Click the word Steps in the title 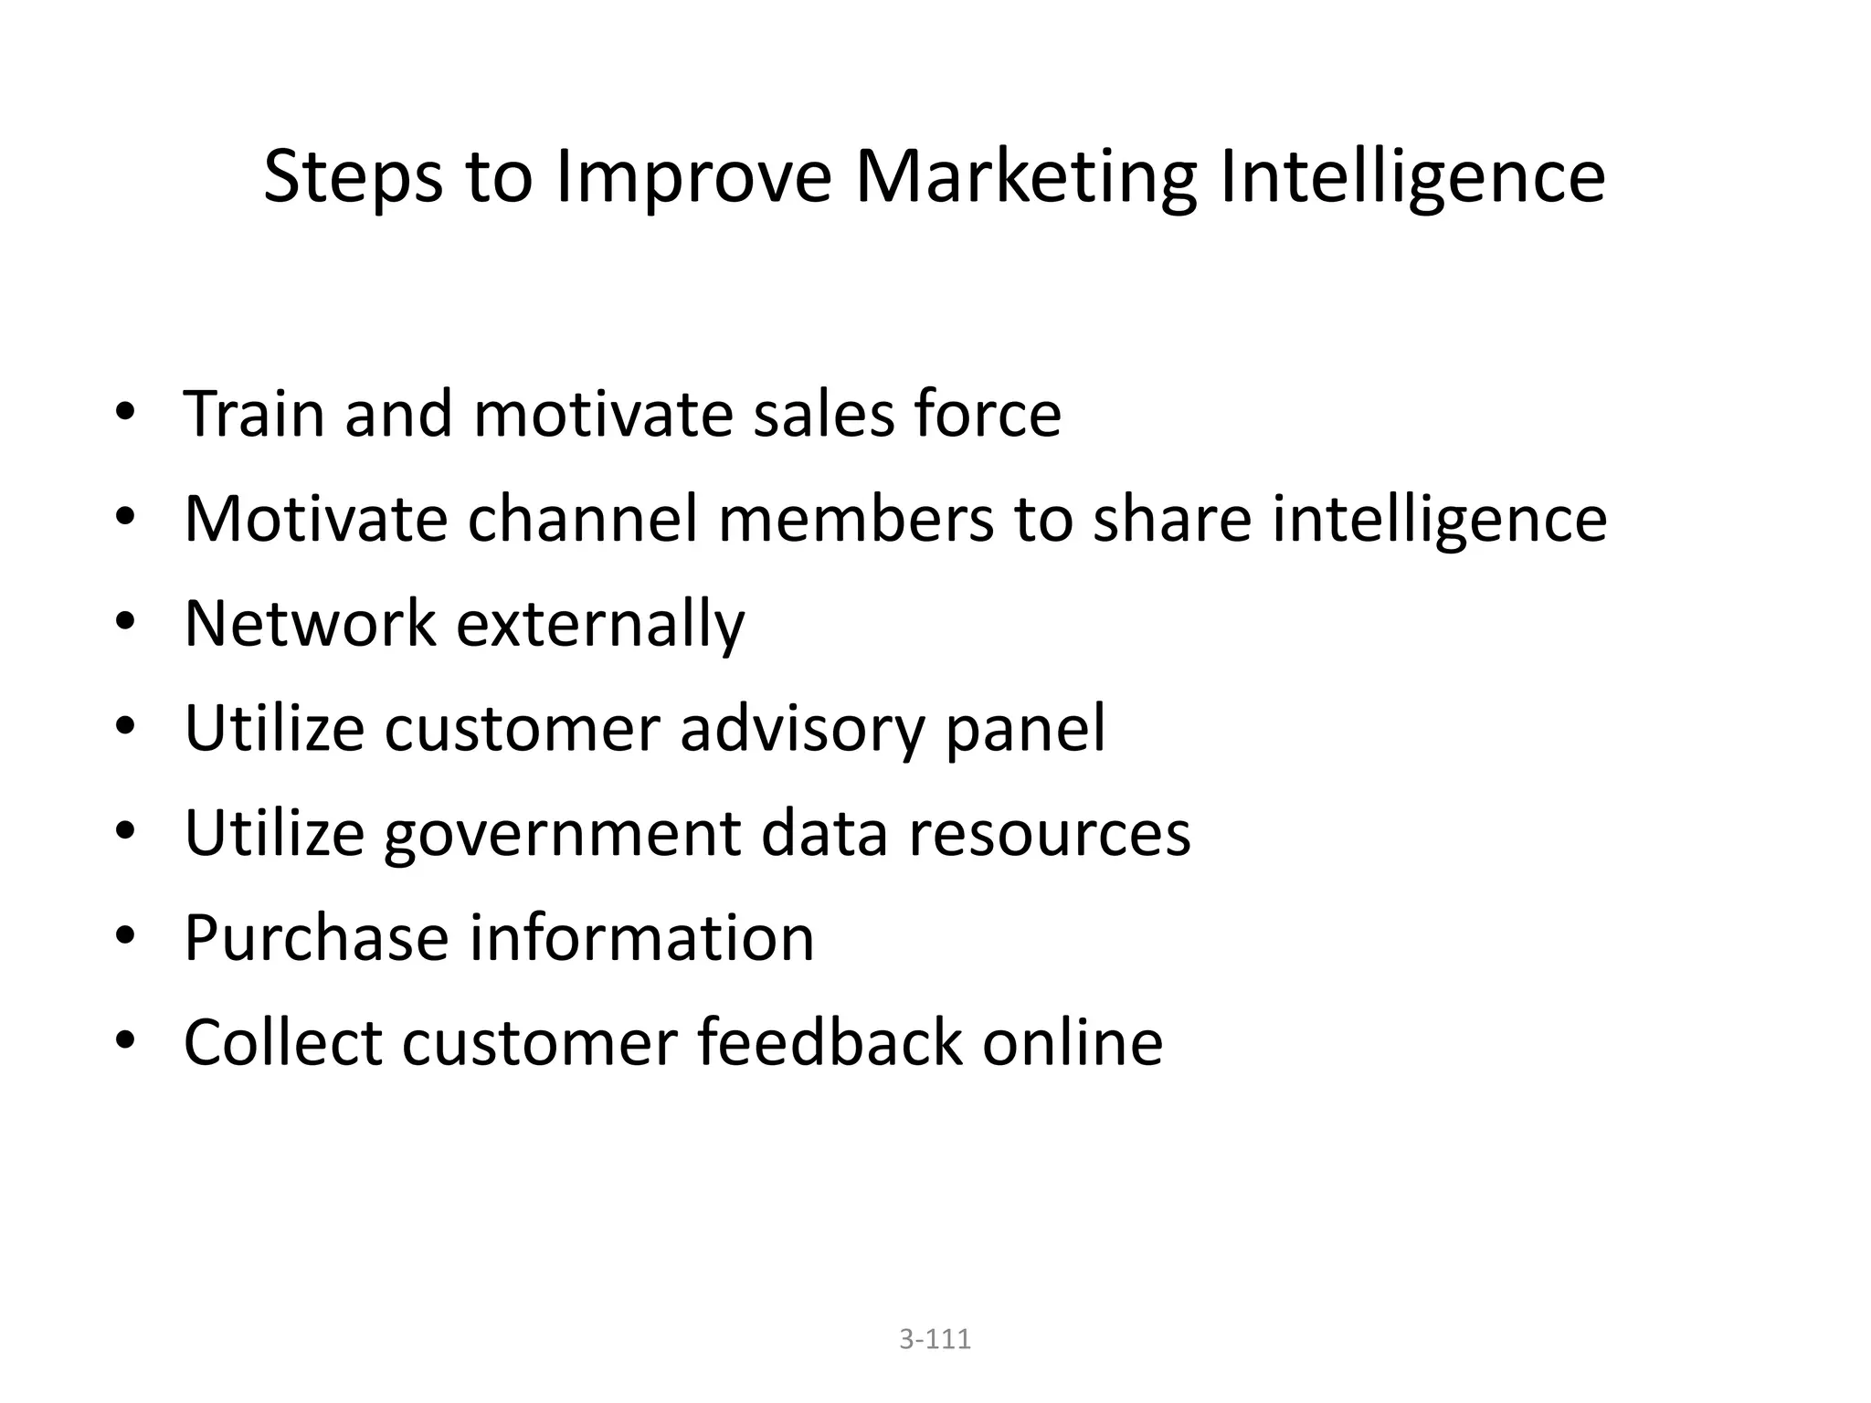(x=352, y=177)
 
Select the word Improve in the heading (x=692, y=177)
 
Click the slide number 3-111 (x=935, y=1339)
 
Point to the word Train (x=254, y=414)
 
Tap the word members (x=856, y=519)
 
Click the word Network (x=310, y=624)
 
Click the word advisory (x=800, y=729)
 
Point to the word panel (x=1025, y=729)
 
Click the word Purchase (x=316, y=938)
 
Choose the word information (x=641, y=938)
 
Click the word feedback (x=830, y=1042)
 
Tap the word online (x=1073, y=1042)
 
